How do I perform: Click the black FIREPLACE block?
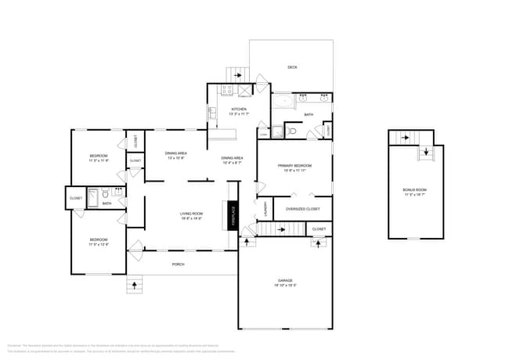click(x=233, y=214)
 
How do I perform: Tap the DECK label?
click(x=292, y=67)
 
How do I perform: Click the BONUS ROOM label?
click(x=415, y=190)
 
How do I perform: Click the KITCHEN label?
click(x=239, y=109)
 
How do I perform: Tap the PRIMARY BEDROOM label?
click(x=296, y=165)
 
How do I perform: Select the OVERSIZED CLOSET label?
click(x=301, y=209)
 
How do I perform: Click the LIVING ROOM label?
click(x=191, y=214)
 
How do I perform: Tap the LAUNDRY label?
click(x=265, y=209)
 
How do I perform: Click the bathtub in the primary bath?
click(x=283, y=102)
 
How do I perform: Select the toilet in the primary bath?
click(x=289, y=131)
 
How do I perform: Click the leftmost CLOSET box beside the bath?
click(x=75, y=198)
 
